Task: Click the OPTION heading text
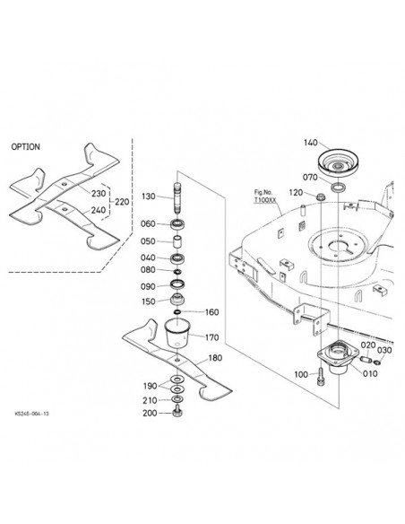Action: tap(25, 147)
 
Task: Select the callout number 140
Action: tap(311, 143)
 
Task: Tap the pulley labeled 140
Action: tap(340, 163)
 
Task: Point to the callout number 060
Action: tap(148, 223)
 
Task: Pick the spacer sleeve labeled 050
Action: tap(177, 241)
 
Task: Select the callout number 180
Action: tap(215, 358)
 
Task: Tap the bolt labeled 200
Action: tap(177, 414)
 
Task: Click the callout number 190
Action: tap(151, 386)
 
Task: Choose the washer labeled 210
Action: tap(177, 399)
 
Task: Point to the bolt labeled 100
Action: tap(320, 375)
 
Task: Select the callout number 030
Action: tap(384, 350)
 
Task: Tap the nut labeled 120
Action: tap(321, 196)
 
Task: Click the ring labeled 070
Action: tap(339, 188)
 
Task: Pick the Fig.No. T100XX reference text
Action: tap(265, 196)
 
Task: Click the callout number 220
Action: tap(122, 202)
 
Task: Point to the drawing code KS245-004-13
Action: tap(31, 414)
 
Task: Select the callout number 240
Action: tap(98, 210)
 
